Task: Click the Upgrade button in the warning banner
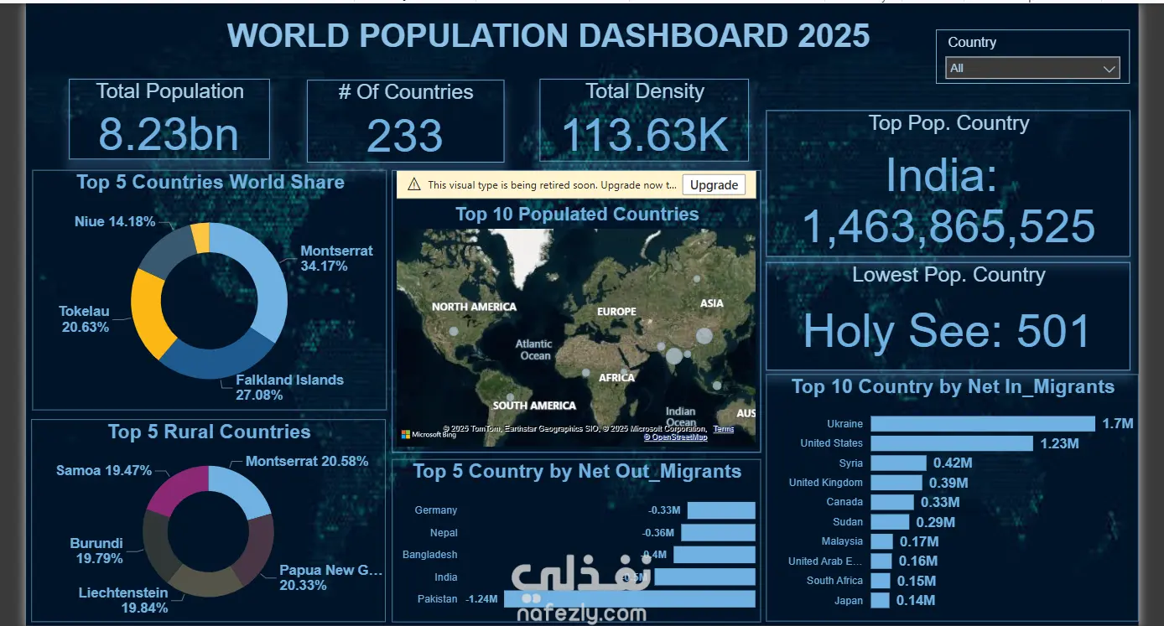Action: (714, 185)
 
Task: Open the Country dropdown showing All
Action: (1032, 69)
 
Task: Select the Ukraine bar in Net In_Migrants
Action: (982, 424)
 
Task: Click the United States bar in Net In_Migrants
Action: (951, 443)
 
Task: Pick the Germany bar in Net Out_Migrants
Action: (721, 510)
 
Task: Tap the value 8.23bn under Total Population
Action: (169, 134)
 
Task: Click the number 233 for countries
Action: (405, 136)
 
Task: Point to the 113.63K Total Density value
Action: (644, 135)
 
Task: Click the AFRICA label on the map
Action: (616, 378)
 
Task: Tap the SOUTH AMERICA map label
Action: (534, 406)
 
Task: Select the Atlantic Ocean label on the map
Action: (534, 349)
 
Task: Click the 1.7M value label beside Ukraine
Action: (1117, 424)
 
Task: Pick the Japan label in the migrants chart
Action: (848, 601)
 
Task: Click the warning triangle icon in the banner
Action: (413, 185)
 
